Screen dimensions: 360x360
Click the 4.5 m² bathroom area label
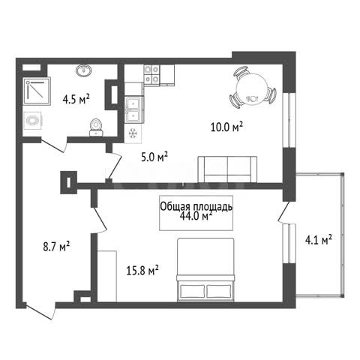[76, 99]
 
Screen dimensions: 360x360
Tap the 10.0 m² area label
[227, 127]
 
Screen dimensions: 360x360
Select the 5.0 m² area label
[154, 157]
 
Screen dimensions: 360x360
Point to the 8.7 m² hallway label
[56, 247]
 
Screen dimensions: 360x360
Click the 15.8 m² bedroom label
[142, 270]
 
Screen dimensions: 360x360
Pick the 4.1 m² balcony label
[319, 240]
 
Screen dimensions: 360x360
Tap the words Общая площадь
[196, 207]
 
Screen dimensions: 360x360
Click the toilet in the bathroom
[96, 127]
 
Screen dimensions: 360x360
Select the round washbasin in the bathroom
[84, 70]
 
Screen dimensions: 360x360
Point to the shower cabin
[37, 91]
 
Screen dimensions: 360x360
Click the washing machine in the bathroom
[32, 121]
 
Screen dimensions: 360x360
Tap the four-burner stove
[151, 74]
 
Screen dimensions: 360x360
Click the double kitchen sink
[134, 109]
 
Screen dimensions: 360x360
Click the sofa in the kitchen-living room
[227, 169]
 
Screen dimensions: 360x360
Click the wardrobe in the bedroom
[107, 276]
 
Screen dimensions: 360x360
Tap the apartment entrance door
[40, 311]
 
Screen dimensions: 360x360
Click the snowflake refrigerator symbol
[133, 133]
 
